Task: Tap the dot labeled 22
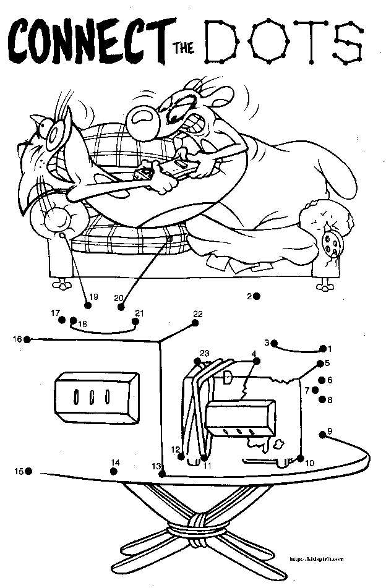pos(195,322)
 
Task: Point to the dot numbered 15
pos(28,471)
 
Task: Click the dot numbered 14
pos(114,471)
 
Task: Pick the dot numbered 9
pos(322,435)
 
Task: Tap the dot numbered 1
pos(322,349)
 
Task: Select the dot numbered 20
pos(121,306)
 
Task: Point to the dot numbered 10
pos(301,458)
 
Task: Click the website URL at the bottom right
pos(316,558)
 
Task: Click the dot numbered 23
pos(196,361)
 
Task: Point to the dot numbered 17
pos(62,319)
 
